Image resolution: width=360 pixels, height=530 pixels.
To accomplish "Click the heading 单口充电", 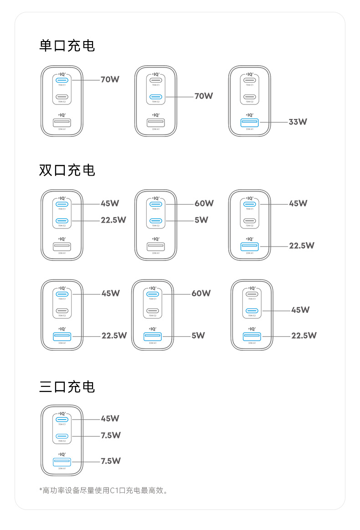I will (x=67, y=46).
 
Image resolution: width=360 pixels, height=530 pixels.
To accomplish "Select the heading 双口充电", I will (x=67, y=170).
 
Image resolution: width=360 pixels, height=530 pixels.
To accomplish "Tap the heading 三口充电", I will (x=67, y=387).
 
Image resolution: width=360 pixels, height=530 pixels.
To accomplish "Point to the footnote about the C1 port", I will (x=104, y=491).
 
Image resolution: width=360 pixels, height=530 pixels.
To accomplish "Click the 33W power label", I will (x=298, y=122).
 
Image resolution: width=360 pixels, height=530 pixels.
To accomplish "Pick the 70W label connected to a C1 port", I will (x=110, y=80).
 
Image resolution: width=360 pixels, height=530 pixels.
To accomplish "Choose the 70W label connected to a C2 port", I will (x=204, y=96).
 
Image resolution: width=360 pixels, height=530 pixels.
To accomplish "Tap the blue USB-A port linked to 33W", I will (x=249, y=122).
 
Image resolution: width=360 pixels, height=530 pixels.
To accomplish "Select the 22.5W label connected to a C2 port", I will (x=113, y=220).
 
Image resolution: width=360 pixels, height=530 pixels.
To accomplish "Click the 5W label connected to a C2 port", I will (x=201, y=220).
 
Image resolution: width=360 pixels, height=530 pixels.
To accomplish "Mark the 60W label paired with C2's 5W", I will (x=204, y=203).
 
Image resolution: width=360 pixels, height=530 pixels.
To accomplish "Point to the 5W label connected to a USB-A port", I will (x=198, y=335).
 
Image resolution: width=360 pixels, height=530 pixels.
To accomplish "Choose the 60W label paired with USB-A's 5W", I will (x=201, y=293).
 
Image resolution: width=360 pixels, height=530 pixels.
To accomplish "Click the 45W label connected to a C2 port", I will (x=300, y=310).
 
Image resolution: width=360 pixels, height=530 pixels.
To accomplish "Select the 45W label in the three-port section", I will (x=110, y=418).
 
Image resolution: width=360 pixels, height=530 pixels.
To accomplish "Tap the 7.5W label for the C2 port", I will (x=111, y=435).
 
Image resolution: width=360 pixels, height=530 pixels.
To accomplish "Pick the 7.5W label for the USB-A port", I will (x=111, y=461).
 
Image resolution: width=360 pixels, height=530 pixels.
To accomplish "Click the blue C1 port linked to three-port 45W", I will (x=62, y=419).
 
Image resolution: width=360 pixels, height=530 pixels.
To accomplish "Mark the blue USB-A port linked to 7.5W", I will (x=62, y=462).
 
